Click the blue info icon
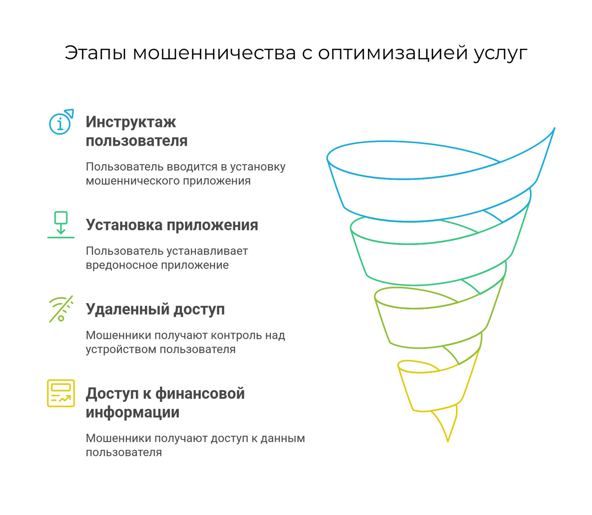pos(60,122)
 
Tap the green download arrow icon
pos(61,225)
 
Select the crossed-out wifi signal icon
pos(61,309)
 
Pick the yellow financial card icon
pos(61,393)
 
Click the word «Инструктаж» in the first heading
pos(131,122)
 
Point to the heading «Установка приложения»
pos(172,225)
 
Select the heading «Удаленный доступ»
pos(155,310)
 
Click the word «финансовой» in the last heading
pos(200,394)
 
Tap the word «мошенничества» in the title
pos(214,53)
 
